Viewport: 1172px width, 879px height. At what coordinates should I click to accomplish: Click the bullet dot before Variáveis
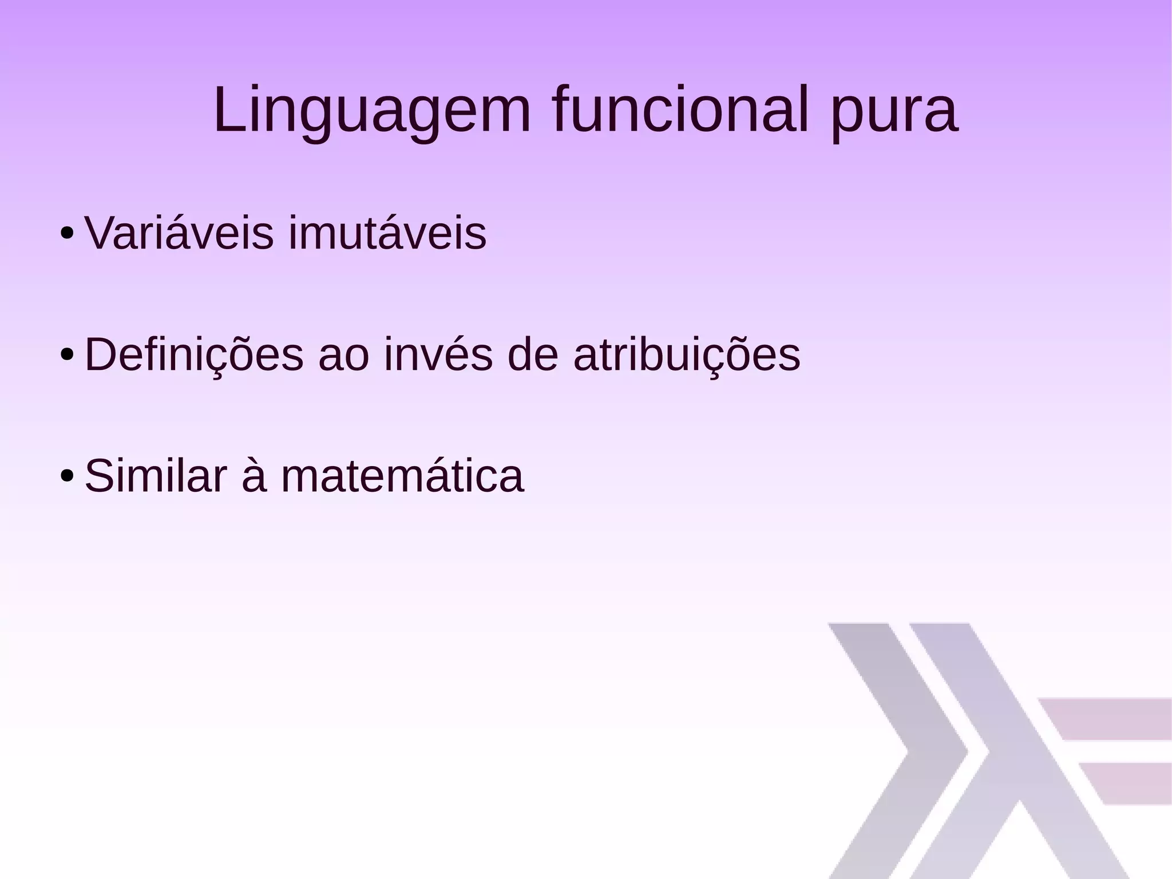67,234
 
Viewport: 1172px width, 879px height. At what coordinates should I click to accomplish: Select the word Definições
194,355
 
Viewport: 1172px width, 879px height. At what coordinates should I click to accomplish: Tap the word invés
438,355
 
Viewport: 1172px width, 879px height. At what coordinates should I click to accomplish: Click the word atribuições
687,355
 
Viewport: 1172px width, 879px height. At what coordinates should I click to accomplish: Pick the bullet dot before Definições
67,356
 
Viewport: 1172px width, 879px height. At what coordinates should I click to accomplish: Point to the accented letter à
254,476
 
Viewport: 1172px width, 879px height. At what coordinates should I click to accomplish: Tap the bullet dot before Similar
67,476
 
